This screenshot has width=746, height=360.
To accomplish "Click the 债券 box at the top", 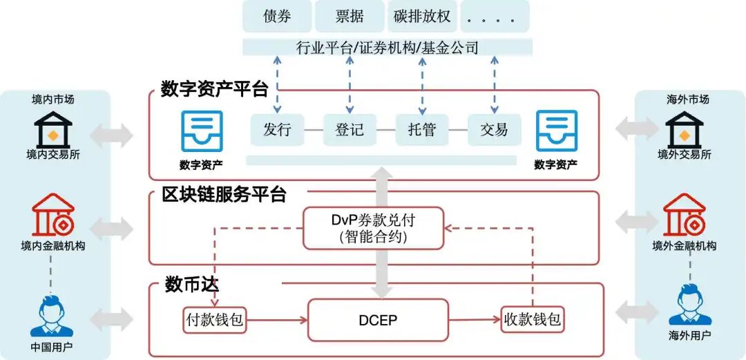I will [277, 17].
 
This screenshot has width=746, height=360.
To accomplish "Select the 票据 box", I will [349, 17].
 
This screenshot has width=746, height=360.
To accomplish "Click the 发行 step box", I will [277, 129].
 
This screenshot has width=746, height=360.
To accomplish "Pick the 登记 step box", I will [349, 129].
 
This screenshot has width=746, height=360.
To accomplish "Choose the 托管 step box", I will [421, 129].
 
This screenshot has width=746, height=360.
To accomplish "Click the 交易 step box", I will [494, 129].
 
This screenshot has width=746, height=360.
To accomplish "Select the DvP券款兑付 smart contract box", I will [373, 228].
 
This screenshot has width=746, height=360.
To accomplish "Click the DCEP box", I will [378, 320].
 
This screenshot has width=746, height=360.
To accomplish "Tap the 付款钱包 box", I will [215, 320].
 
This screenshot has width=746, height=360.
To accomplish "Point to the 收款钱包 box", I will [532, 320].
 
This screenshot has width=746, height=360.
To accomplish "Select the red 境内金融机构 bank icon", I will [53, 216].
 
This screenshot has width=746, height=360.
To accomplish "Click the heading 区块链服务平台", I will [224, 195].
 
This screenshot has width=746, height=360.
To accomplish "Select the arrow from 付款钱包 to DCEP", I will [277, 320].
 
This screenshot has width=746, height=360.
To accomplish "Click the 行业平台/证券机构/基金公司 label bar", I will [387, 47].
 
